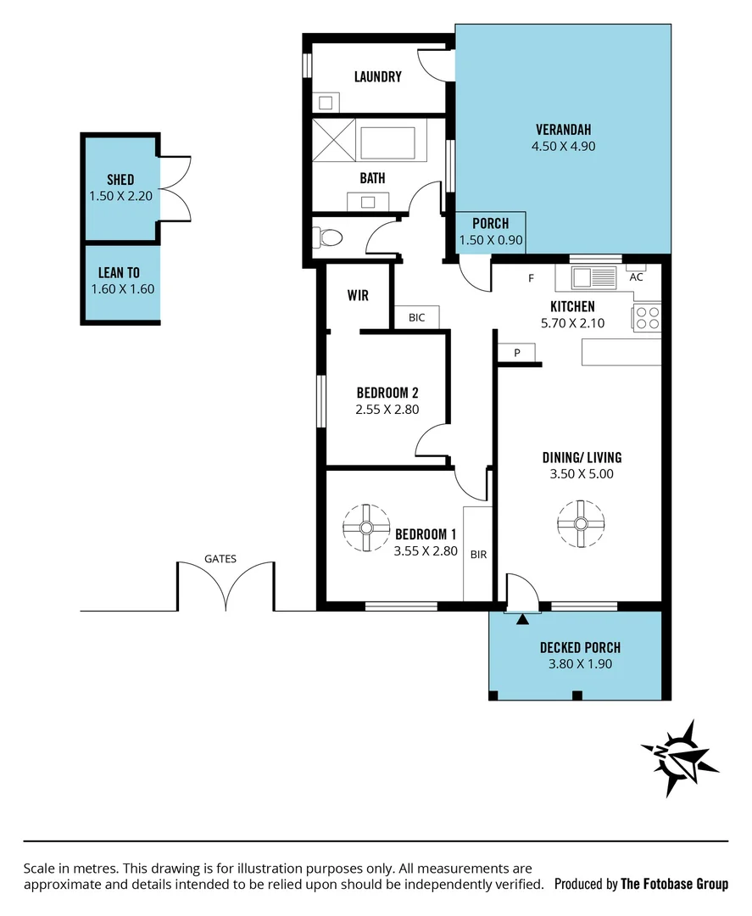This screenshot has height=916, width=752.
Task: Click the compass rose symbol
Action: tap(679, 757)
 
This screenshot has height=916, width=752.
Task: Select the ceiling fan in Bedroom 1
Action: tap(366, 528)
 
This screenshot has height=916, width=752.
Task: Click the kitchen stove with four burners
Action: tap(647, 317)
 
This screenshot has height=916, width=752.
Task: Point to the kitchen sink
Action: tap(593, 276)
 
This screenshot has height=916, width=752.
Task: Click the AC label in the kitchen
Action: tap(636, 276)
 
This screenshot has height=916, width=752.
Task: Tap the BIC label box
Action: tap(416, 317)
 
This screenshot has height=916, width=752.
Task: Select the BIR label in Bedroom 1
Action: tap(478, 554)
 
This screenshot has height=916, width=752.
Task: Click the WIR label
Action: tap(358, 295)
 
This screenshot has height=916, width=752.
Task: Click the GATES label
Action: tap(220, 558)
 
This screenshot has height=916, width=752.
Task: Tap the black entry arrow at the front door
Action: tap(522, 619)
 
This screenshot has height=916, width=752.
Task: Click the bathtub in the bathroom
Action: tap(388, 138)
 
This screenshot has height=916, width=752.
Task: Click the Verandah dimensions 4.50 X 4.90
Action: tap(562, 145)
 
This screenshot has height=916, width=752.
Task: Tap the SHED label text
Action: tap(120, 180)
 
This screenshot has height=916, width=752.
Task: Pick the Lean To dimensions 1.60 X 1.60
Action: tap(122, 288)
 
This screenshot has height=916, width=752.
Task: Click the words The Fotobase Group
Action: tap(674, 884)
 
